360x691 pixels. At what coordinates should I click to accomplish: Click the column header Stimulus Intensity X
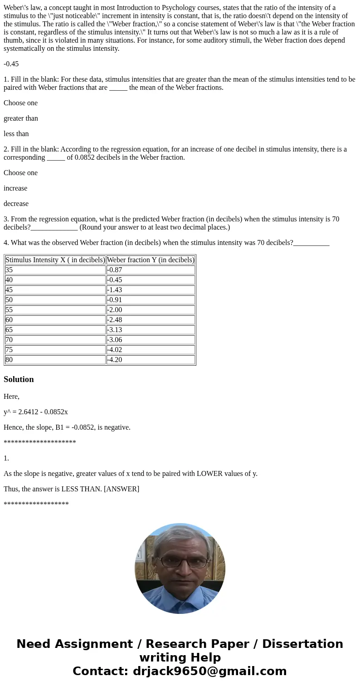(55, 260)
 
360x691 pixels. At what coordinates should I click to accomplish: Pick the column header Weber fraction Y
(151, 260)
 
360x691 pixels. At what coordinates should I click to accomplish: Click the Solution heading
(19, 379)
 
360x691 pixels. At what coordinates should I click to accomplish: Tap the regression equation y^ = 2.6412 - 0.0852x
(36, 412)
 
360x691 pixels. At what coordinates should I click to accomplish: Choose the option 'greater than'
(21, 118)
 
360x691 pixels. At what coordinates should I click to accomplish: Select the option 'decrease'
(16, 204)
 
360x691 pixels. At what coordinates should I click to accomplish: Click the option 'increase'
(15, 188)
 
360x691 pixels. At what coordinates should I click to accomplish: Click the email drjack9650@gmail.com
(210, 671)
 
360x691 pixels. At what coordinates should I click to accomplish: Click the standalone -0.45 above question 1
(11, 64)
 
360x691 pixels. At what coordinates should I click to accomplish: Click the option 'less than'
(16, 134)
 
